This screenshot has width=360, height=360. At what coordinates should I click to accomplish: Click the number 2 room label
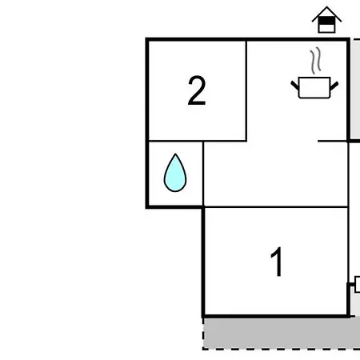tap(197, 90)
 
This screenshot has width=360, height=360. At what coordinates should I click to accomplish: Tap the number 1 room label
tap(277, 262)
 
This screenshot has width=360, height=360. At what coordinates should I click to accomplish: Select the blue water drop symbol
tap(175, 173)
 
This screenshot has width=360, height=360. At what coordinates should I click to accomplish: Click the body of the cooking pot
tap(314, 88)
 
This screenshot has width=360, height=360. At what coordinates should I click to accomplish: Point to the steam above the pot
tap(315, 60)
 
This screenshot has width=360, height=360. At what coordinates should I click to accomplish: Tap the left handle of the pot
tap(294, 85)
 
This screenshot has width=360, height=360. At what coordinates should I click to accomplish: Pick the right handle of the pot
tap(334, 86)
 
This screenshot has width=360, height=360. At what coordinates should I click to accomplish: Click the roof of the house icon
tap(326, 14)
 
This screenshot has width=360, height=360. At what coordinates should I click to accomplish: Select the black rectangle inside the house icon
tap(326, 20)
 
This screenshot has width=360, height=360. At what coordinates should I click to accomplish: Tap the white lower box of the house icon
tap(326, 28)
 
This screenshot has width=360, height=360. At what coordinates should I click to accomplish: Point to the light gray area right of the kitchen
tap(355, 89)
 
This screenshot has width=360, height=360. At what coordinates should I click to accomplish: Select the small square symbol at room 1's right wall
tap(358, 284)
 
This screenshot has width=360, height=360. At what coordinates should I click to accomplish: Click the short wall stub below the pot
tap(333, 141)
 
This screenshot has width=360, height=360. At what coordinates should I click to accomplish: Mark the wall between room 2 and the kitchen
tap(246, 90)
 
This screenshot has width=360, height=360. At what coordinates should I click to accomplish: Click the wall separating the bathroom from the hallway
tap(203, 174)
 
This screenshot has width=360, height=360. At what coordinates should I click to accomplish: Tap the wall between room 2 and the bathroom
tap(198, 141)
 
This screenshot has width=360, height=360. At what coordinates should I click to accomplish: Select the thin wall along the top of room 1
tap(276, 206)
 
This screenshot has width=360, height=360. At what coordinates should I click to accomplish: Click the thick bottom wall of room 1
tap(276, 317)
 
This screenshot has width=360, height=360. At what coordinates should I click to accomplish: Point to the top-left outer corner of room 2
tap(146, 38)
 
